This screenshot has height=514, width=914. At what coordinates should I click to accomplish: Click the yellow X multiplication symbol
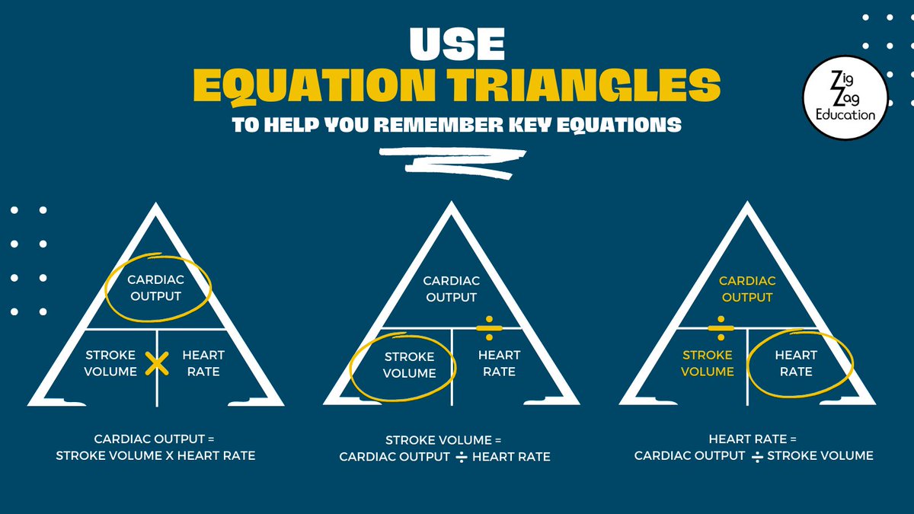(x=156, y=364)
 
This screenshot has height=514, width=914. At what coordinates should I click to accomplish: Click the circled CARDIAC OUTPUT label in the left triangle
(x=155, y=288)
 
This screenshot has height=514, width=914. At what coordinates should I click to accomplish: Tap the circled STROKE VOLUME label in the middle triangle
(x=410, y=365)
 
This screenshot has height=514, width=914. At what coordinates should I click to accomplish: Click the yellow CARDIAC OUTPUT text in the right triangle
(x=747, y=289)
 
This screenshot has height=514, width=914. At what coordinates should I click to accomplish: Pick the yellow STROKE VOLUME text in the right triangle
(x=708, y=363)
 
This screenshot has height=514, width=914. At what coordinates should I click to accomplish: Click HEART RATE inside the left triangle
(x=203, y=363)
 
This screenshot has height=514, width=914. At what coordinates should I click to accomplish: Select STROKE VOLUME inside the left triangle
(x=111, y=363)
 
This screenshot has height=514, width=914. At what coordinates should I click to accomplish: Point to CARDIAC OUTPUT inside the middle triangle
(x=451, y=289)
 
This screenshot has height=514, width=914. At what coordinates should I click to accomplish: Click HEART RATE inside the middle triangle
(x=499, y=363)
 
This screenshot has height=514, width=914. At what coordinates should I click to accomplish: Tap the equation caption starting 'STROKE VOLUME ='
(x=444, y=449)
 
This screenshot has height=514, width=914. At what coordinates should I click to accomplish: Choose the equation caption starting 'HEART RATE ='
(x=753, y=448)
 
